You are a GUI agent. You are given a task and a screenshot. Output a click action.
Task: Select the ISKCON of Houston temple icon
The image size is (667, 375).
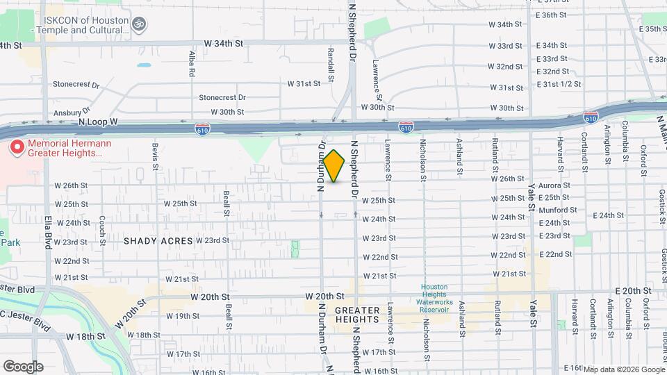click(x=139, y=24)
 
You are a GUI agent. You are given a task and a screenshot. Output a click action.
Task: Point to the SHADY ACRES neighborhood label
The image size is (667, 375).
click(x=158, y=241)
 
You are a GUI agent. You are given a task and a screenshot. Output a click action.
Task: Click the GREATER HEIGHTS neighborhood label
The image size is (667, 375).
click(x=357, y=315)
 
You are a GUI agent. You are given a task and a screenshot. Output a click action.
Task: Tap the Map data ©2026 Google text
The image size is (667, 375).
click(x=623, y=369)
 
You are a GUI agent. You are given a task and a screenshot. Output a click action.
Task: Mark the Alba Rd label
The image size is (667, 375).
click(x=191, y=63)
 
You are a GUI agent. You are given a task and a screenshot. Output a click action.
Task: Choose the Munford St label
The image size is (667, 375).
click(x=554, y=208)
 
